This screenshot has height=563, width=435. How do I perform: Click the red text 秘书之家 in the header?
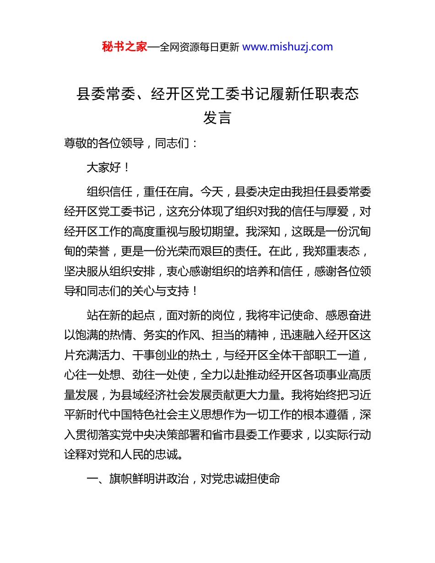(124, 47)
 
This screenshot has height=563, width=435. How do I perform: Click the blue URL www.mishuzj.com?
(287, 47)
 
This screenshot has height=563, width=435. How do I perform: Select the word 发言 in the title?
(217, 118)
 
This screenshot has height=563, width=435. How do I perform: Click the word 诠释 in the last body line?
(76, 455)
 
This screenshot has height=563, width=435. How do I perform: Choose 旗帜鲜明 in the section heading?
(131, 479)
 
